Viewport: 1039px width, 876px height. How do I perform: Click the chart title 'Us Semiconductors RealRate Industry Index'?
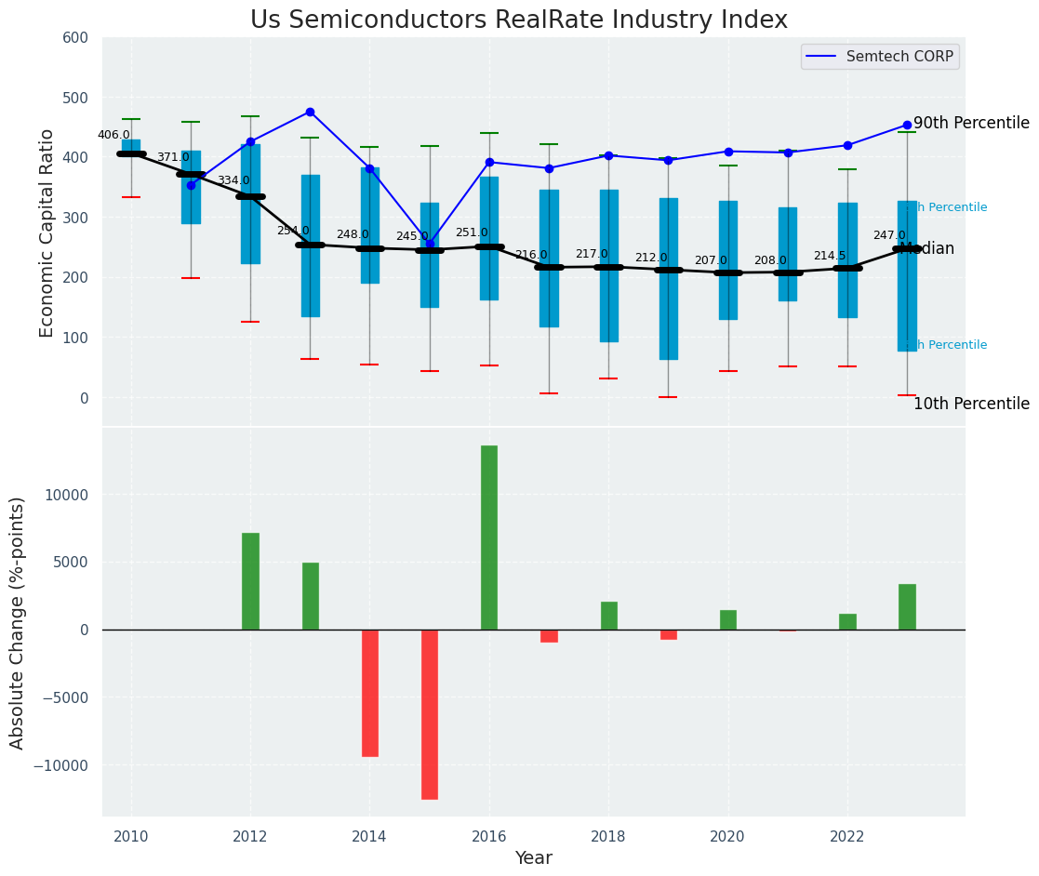click(519, 20)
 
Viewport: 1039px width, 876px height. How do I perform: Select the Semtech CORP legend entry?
click(879, 57)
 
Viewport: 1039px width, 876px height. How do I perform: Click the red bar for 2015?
click(429, 714)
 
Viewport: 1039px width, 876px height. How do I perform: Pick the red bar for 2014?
click(369, 693)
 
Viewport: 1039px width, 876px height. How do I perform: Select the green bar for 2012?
click(250, 581)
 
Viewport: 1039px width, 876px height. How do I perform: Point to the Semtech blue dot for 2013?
click(310, 112)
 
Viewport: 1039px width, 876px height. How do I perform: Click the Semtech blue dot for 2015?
click(430, 244)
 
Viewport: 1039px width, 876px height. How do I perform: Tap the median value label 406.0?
click(113, 135)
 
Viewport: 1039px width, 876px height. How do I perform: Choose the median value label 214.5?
click(830, 256)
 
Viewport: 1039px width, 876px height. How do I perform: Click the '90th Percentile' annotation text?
click(971, 124)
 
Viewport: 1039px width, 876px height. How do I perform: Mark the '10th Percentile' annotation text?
click(971, 405)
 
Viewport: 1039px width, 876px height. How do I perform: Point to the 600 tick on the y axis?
click(75, 38)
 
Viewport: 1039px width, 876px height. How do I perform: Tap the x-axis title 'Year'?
click(534, 858)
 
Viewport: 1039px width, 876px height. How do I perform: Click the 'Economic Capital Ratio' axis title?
click(47, 232)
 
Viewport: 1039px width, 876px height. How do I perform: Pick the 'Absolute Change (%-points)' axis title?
click(18, 622)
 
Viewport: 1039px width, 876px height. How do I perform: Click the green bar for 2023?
click(907, 606)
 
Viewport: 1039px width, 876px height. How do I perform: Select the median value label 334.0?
click(233, 180)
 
